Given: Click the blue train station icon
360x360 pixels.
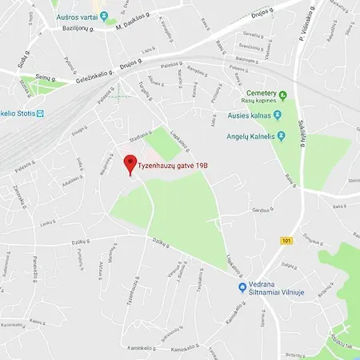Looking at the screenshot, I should (41, 112).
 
